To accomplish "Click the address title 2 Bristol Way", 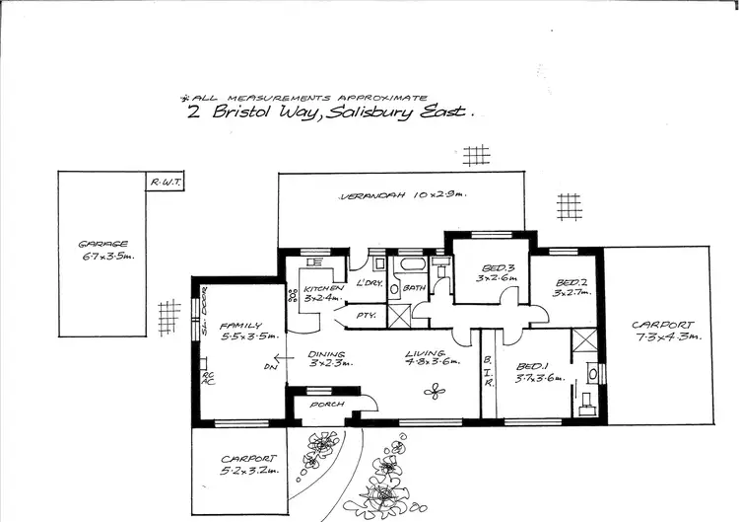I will (330, 112).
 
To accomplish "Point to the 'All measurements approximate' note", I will (305, 98).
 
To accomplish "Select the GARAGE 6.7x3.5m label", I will (105, 251).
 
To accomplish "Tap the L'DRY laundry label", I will (370, 284).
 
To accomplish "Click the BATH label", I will (414, 288).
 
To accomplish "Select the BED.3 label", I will (492, 273).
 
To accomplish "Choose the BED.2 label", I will (571, 287).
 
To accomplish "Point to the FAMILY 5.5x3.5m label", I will (234, 330).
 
